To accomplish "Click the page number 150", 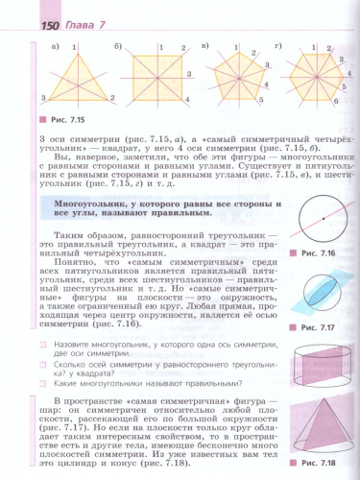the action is (x=27, y=11).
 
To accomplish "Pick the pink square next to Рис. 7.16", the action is (x=299, y=252).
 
